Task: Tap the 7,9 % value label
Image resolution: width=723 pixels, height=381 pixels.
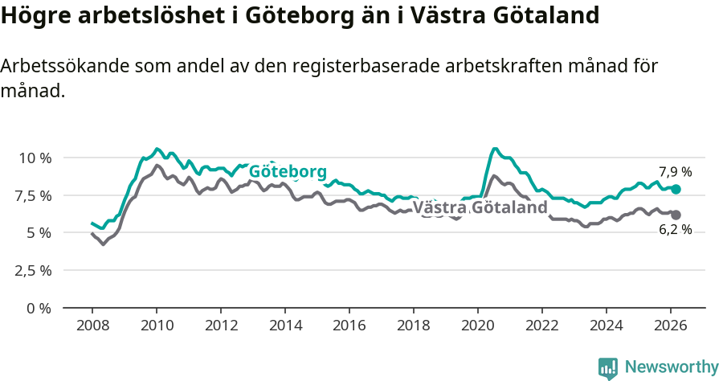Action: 675,171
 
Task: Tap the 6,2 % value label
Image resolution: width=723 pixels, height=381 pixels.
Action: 675,230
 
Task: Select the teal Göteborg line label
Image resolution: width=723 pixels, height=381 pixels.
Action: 288,172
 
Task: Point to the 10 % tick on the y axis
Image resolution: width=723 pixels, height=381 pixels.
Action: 35,158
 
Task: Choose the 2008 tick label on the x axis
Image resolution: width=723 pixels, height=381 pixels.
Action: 92,326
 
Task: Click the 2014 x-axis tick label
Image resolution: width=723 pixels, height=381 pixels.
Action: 285,326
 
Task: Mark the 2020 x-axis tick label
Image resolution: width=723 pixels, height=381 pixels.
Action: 478,326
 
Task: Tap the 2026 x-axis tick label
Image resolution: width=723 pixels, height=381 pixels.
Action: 671,326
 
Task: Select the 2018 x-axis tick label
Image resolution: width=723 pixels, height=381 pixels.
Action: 414,326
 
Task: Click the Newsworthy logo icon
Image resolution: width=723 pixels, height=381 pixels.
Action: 608,367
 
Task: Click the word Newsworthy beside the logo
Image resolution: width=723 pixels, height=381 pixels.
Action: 671,367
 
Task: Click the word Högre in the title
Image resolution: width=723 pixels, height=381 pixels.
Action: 35,16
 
